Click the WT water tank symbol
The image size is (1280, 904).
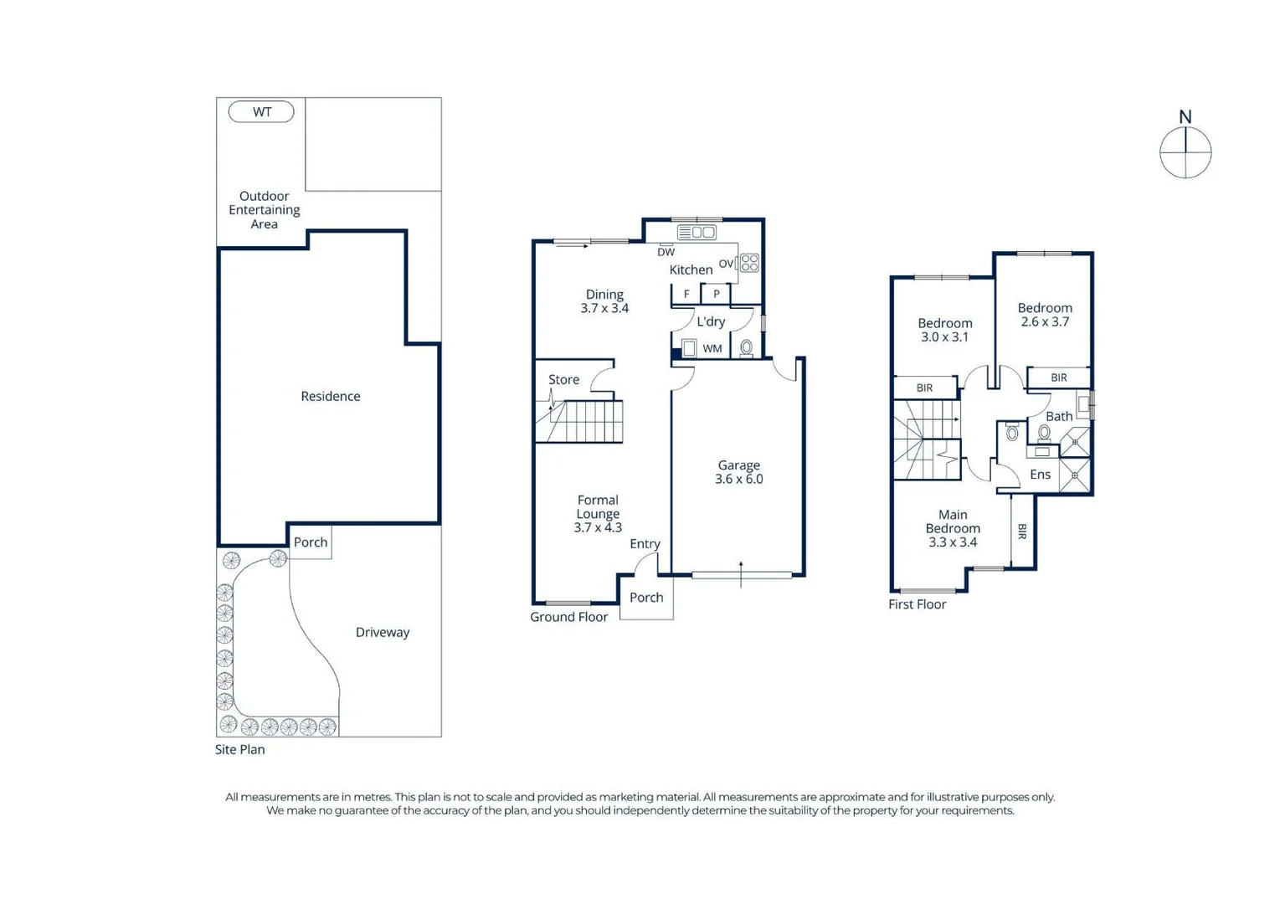click(261, 111)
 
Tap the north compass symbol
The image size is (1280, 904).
click(1185, 152)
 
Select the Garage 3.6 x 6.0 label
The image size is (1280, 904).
click(738, 472)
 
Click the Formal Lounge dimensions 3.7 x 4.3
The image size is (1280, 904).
click(598, 527)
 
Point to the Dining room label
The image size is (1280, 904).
click(604, 295)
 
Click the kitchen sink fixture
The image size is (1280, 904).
click(697, 232)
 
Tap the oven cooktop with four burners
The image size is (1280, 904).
click(749, 263)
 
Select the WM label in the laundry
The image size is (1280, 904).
click(712, 348)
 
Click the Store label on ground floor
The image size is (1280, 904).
click(563, 379)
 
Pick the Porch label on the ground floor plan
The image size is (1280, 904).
click(646, 597)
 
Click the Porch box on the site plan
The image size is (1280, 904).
click(311, 542)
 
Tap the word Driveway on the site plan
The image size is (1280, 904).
click(383, 632)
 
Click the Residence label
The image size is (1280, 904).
click(330, 396)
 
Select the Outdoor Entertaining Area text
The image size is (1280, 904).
click(264, 210)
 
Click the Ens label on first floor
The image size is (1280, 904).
click(1040, 475)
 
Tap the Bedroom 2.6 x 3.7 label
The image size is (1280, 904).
click(1045, 315)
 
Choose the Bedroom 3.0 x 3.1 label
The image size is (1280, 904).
click(945, 330)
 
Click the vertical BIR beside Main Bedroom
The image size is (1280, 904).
click(1022, 531)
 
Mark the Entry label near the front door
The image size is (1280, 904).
click(645, 543)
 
